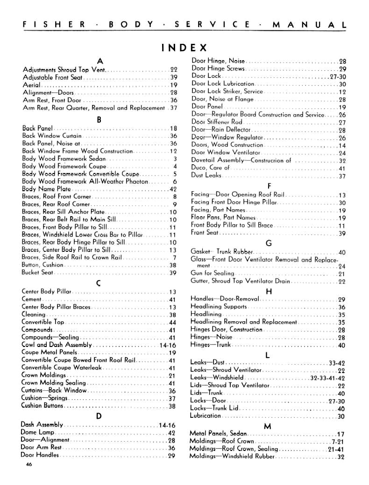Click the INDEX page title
(x=184, y=48)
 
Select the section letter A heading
(x=99, y=61)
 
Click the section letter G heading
(x=268, y=243)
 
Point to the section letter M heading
(x=268, y=426)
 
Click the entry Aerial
(x=32, y=85)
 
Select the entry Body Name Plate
(x=46, y=189)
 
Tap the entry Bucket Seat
(x=37, y=273)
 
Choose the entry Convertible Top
(x=43, y=322)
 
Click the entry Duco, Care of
(x=210, y=168)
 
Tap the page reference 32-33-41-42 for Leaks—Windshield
(x=327, y=378)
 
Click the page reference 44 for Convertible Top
(x=172, y=322)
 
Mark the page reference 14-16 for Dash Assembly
(x=167, y=425)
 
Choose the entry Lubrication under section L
(x=206, y=416)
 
